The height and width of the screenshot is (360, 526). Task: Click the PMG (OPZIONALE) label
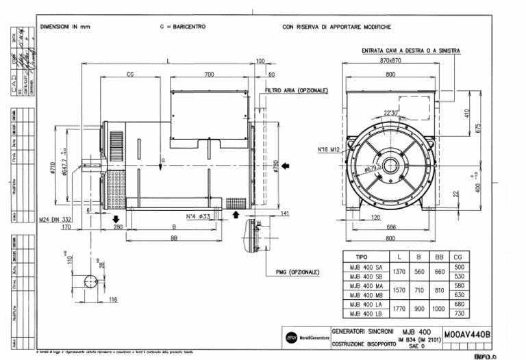[298, 272]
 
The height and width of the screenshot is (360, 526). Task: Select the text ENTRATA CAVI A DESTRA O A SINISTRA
[411, 51]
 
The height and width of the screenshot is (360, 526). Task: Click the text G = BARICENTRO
[182, 27]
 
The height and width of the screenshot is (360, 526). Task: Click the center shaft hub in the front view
[391, 165]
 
